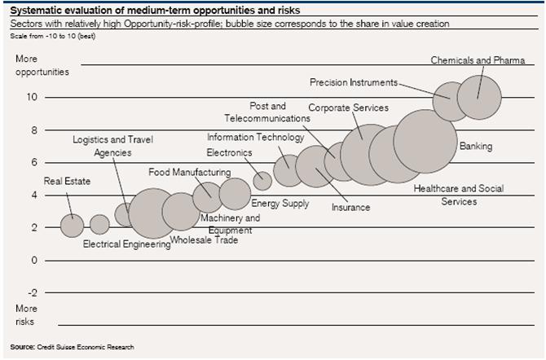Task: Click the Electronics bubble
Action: tap(262, 180)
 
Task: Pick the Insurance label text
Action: tap(350, 208)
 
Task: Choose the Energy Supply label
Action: tap(280, 203)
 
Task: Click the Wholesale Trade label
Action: tap(204, 240)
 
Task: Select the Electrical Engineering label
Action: tap(126, 244)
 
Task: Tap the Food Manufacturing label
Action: tap(189, 172)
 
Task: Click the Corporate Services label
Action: tap(348, 108)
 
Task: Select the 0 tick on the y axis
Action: tap(34, 260)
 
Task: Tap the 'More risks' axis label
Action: tap(26, 315)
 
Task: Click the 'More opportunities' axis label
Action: tap(41, 65)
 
